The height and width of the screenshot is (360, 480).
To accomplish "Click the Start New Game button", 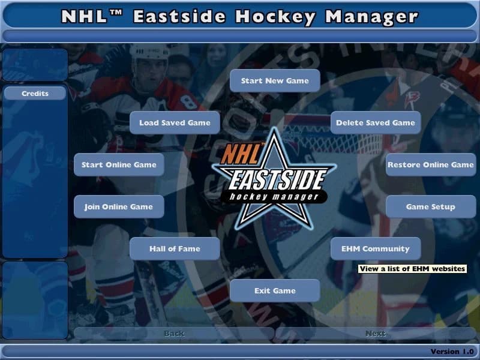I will [275, 81].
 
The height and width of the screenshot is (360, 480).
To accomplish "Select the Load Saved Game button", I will [175, 123].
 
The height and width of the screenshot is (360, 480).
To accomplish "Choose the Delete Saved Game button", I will [376, 123].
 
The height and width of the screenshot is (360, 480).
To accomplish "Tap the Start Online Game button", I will [119, 165].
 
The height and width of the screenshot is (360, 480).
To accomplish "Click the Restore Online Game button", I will [430, 165].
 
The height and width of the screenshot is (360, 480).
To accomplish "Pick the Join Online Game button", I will [119, 207].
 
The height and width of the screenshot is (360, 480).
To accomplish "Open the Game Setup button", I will [430, 207].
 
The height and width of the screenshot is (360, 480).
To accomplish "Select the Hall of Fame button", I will [175, 249].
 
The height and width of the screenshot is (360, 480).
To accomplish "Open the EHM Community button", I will [376, 249].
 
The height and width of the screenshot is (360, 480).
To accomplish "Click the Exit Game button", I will [275, 291].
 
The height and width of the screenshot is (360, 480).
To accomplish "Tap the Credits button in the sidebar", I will [35, 94].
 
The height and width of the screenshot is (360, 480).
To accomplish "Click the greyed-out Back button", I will [174, 334].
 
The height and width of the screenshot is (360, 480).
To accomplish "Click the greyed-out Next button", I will [376, 334].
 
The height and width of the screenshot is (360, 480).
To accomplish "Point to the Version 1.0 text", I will [452, 351].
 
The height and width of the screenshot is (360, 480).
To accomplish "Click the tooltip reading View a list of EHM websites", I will [412, 269].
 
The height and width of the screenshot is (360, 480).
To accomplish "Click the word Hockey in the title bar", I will [275, 16].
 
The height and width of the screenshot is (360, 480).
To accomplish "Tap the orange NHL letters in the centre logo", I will [242, 155].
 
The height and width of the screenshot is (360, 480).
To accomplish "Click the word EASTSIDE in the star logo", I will [273, 179].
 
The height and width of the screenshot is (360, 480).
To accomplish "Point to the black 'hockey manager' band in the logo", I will [274, 196].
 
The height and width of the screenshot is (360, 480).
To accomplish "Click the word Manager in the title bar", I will [371, 16].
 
